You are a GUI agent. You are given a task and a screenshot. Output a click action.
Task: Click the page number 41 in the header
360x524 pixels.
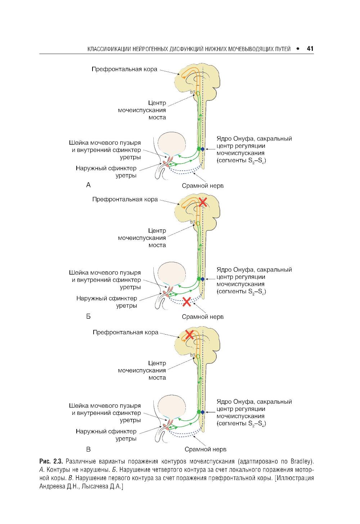[310, 49]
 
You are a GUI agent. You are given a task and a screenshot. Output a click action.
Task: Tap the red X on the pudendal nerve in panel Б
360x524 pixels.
[186, 302]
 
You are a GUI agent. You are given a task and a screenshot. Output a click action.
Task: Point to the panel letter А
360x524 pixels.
[89, 185]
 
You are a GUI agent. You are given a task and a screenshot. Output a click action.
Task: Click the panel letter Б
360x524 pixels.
[89, 317]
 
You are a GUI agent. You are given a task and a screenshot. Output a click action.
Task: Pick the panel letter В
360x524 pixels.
[89, 449]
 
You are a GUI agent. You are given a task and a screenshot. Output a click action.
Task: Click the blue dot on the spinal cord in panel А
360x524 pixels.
[202, 149]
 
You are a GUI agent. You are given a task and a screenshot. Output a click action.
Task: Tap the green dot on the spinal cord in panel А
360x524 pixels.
[198, 148]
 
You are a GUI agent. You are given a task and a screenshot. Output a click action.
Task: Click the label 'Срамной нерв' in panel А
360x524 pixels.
[203, 186]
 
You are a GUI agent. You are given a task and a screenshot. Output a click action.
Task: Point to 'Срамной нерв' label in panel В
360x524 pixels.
[205, 449]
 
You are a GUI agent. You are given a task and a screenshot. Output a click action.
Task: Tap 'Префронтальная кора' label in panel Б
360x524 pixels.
[125, 199]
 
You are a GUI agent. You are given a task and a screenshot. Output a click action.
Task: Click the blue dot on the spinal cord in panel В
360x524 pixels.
[202, 412]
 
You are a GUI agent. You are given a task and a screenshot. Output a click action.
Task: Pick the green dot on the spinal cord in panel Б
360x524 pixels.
[198, 279]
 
